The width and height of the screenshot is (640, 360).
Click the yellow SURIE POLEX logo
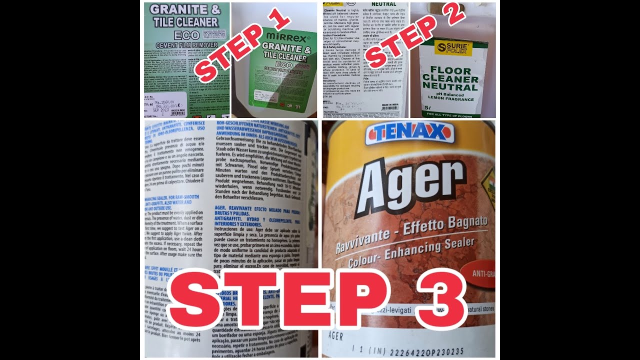click(453, 48)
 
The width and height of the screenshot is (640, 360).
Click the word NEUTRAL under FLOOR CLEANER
click(450, 86)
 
